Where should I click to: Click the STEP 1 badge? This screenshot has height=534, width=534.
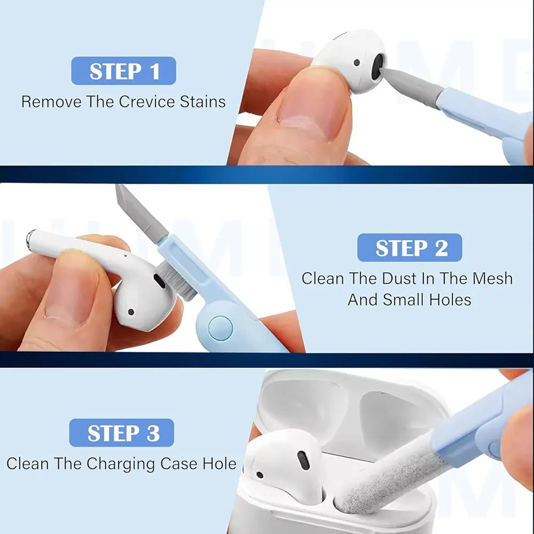(x=123, y=71)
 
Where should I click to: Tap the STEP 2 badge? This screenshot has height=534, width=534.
(x=410, y=248)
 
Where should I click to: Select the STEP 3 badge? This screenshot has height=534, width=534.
(x=122, y=433)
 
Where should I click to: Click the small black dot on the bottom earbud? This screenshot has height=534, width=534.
(x=260, y=474)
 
